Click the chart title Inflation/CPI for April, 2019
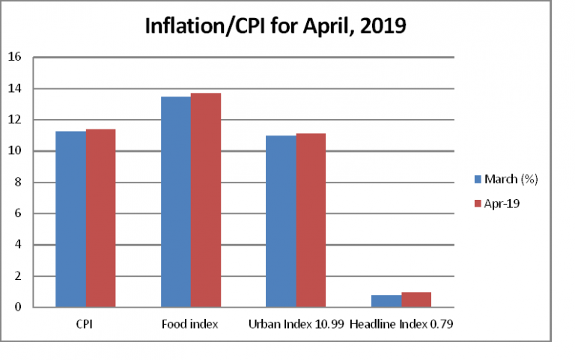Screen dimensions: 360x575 (276, 27)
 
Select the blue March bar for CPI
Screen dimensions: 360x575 (70, 219)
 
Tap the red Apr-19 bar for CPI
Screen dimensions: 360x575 (100, 218)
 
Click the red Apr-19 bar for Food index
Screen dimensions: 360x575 (205, 200)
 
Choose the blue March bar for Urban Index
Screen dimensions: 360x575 (281, 222)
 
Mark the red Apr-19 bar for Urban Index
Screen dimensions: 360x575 (311, 220)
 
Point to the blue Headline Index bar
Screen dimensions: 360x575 (386, 301)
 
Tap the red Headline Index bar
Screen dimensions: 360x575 (416, 299)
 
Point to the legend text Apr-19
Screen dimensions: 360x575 (502, 203)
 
